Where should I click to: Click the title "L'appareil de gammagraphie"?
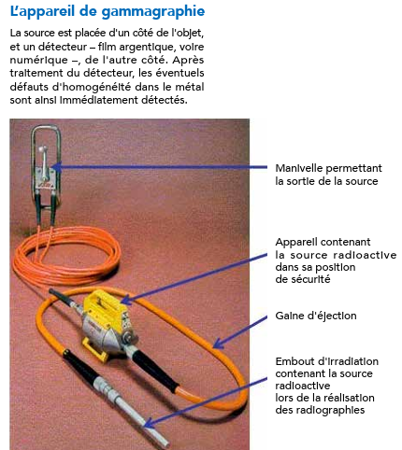(x=108, y=11)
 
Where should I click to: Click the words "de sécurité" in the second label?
(x=305, y=278)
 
